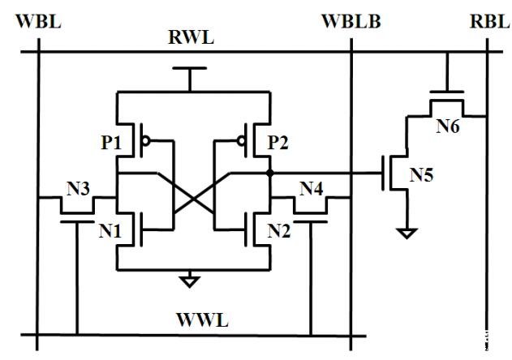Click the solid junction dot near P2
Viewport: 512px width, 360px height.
(269, 174)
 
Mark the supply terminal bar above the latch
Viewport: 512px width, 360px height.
(189, 70)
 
